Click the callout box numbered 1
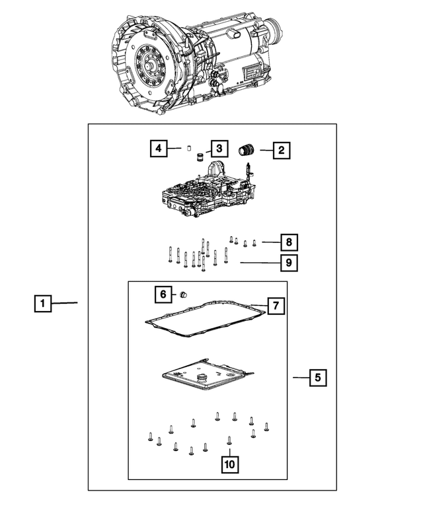coord(42,304)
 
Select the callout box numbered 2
coord(281,151)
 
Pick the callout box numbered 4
coord(157,149)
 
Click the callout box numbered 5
coord(317,378)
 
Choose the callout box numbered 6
coord(163,294)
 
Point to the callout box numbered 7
coord(276,306)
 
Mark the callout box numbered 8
coord(289,242)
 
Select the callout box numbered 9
coord(289,263)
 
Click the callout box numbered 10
coord(229,465)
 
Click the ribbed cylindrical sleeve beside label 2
coord(247,150)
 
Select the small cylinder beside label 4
coord(187,149)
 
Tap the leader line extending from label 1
coord(65,303)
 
